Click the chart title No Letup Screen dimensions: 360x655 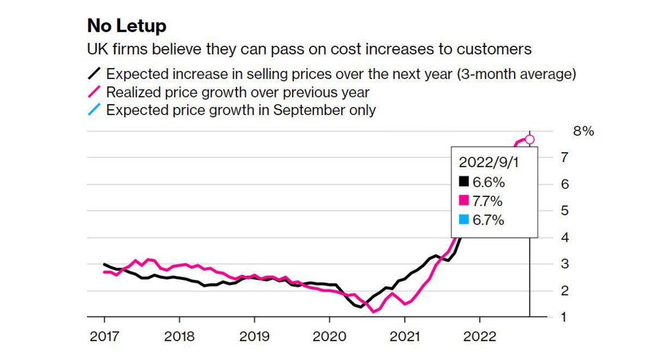pos(127,26)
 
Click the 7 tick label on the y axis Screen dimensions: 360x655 pos(565,158)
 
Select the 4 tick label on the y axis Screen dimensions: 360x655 pos(565,238)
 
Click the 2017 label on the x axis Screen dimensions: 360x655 pos(104,337)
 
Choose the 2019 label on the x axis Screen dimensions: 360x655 pos(254,337)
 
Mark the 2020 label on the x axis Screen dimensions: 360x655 pos(329,337)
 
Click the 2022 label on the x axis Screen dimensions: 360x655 pos(479,337)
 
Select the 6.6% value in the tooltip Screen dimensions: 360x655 pos(488,182)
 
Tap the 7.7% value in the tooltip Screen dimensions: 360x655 pos(488,201)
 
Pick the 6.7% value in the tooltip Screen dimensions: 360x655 pos(488,220)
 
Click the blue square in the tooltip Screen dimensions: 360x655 pos(464,220)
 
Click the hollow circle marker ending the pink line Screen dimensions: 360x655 pos(529,140)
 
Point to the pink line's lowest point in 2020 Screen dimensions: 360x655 pos(373,311)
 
